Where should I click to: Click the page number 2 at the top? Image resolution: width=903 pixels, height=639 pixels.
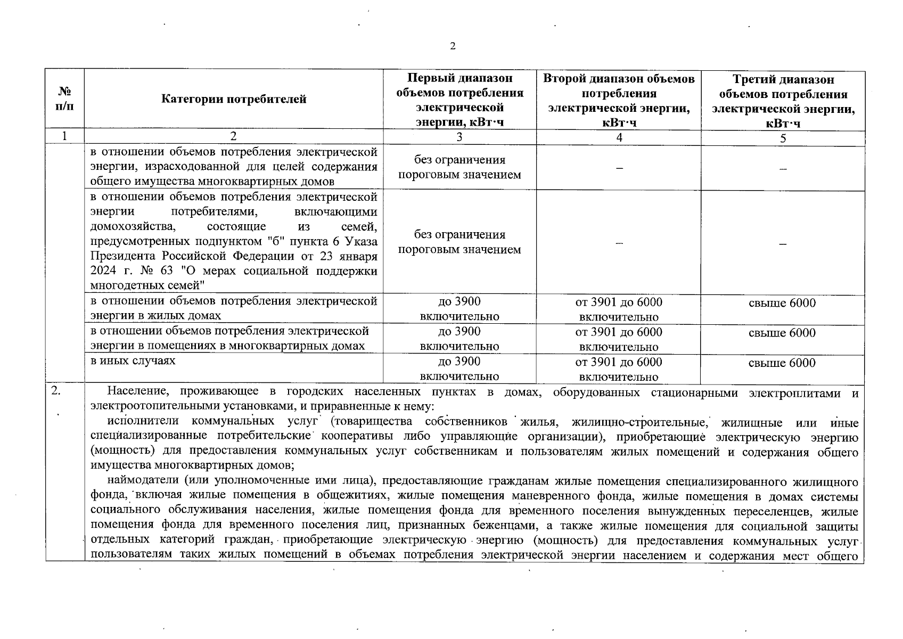tap(453, 46)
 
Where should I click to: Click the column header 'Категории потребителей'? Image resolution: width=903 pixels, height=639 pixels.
tap(234, 99)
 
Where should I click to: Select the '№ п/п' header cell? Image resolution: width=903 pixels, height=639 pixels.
tap(64, 99)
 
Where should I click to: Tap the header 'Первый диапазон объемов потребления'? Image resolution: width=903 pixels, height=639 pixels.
tap(459, 100)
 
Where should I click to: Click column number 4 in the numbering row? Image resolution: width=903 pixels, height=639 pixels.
tap(619, 137)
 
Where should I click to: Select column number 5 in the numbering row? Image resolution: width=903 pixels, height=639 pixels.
tap(783, 138)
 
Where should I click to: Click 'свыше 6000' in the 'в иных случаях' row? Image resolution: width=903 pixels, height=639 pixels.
tap(782, 363)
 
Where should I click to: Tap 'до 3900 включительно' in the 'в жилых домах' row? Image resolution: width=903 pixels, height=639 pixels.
tap(459, 309)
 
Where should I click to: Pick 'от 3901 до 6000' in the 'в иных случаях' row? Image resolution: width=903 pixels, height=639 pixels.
tap(619, 363)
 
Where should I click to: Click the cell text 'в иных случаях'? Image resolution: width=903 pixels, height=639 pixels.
tap(133, 361)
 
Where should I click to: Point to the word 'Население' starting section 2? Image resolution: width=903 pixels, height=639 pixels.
tap(138, 392)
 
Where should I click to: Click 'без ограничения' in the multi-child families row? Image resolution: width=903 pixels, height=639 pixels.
tap(459, 235)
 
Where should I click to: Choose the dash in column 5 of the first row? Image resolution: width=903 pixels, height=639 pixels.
tap(783, 168)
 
